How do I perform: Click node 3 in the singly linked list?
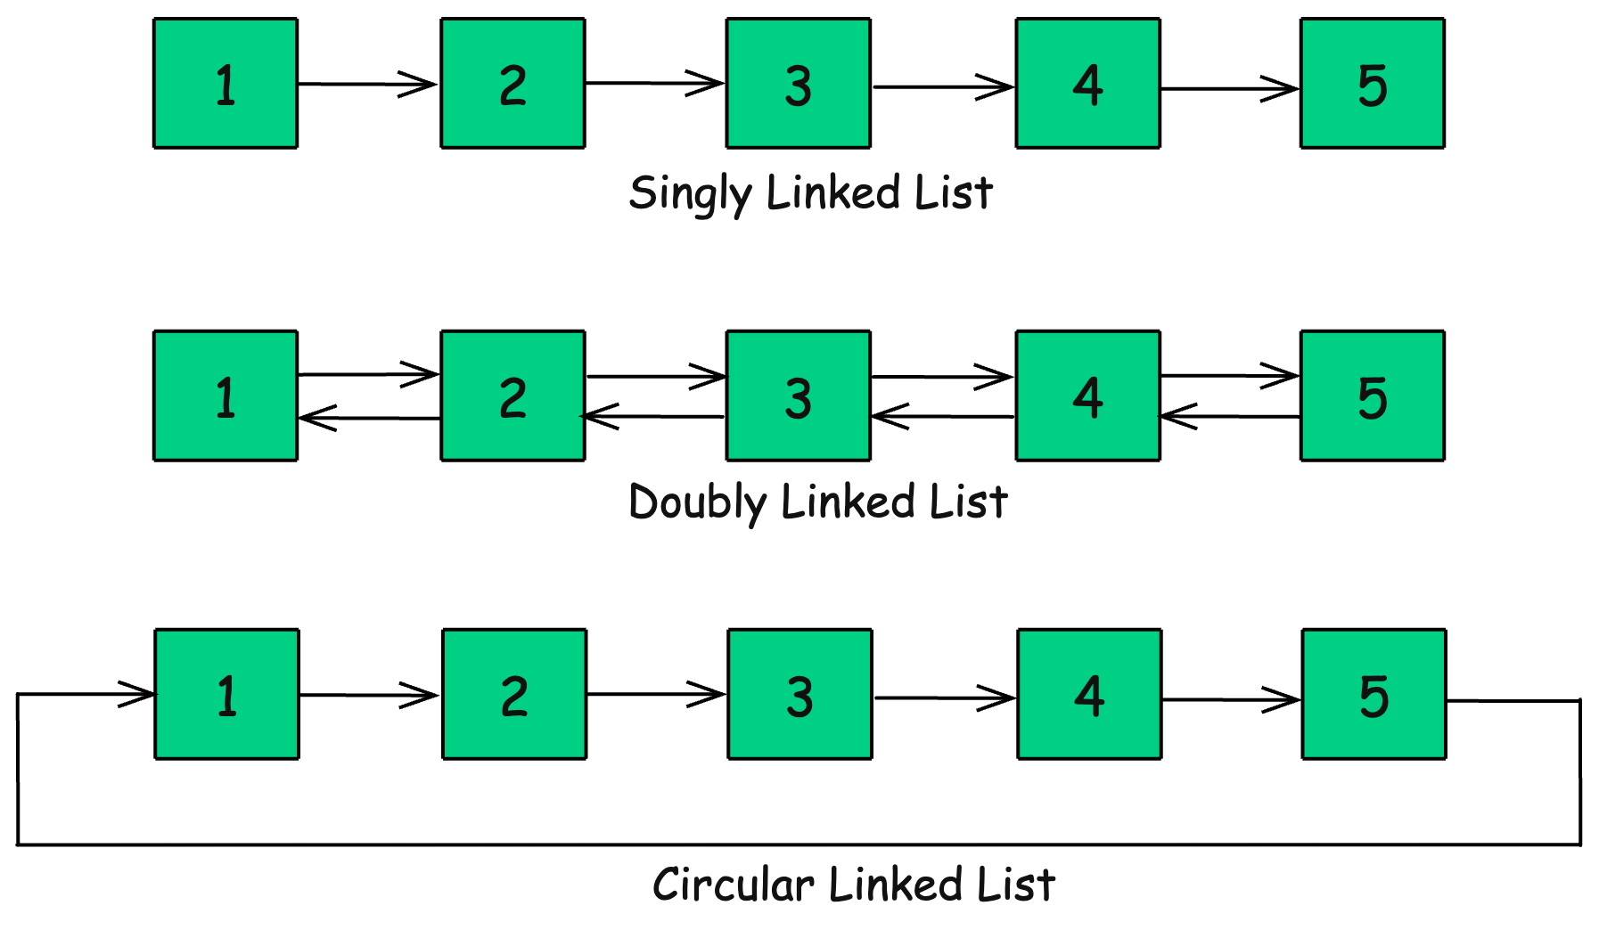click(798, 83)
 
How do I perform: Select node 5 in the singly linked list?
click(1372, 83)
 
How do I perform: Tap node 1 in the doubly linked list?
click(225, 396)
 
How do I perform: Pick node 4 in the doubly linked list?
click(1087, 396)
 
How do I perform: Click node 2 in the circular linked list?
click(514, 694)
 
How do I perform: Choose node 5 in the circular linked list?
click(1373, 694)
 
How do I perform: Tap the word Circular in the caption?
click(733, 885)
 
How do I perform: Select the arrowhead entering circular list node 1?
click(139, 694)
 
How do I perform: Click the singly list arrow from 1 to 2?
click(367, 85)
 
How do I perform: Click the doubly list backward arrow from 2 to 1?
click(367, 418)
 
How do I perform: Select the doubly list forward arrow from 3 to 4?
click(941, 377)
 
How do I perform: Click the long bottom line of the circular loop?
click(798, 844)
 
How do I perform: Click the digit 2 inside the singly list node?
click(512, 86)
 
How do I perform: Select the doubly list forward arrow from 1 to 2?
click(367, 374)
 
